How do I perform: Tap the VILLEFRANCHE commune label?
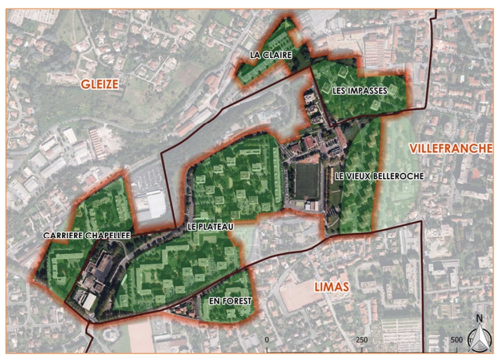[x=450, y=148]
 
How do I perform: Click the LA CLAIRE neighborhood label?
[x=270, y=55]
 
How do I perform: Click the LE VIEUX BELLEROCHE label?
[x=379, y=177]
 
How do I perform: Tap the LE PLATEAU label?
[x=210, y=227]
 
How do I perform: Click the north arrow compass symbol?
[x=479, y=339]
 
